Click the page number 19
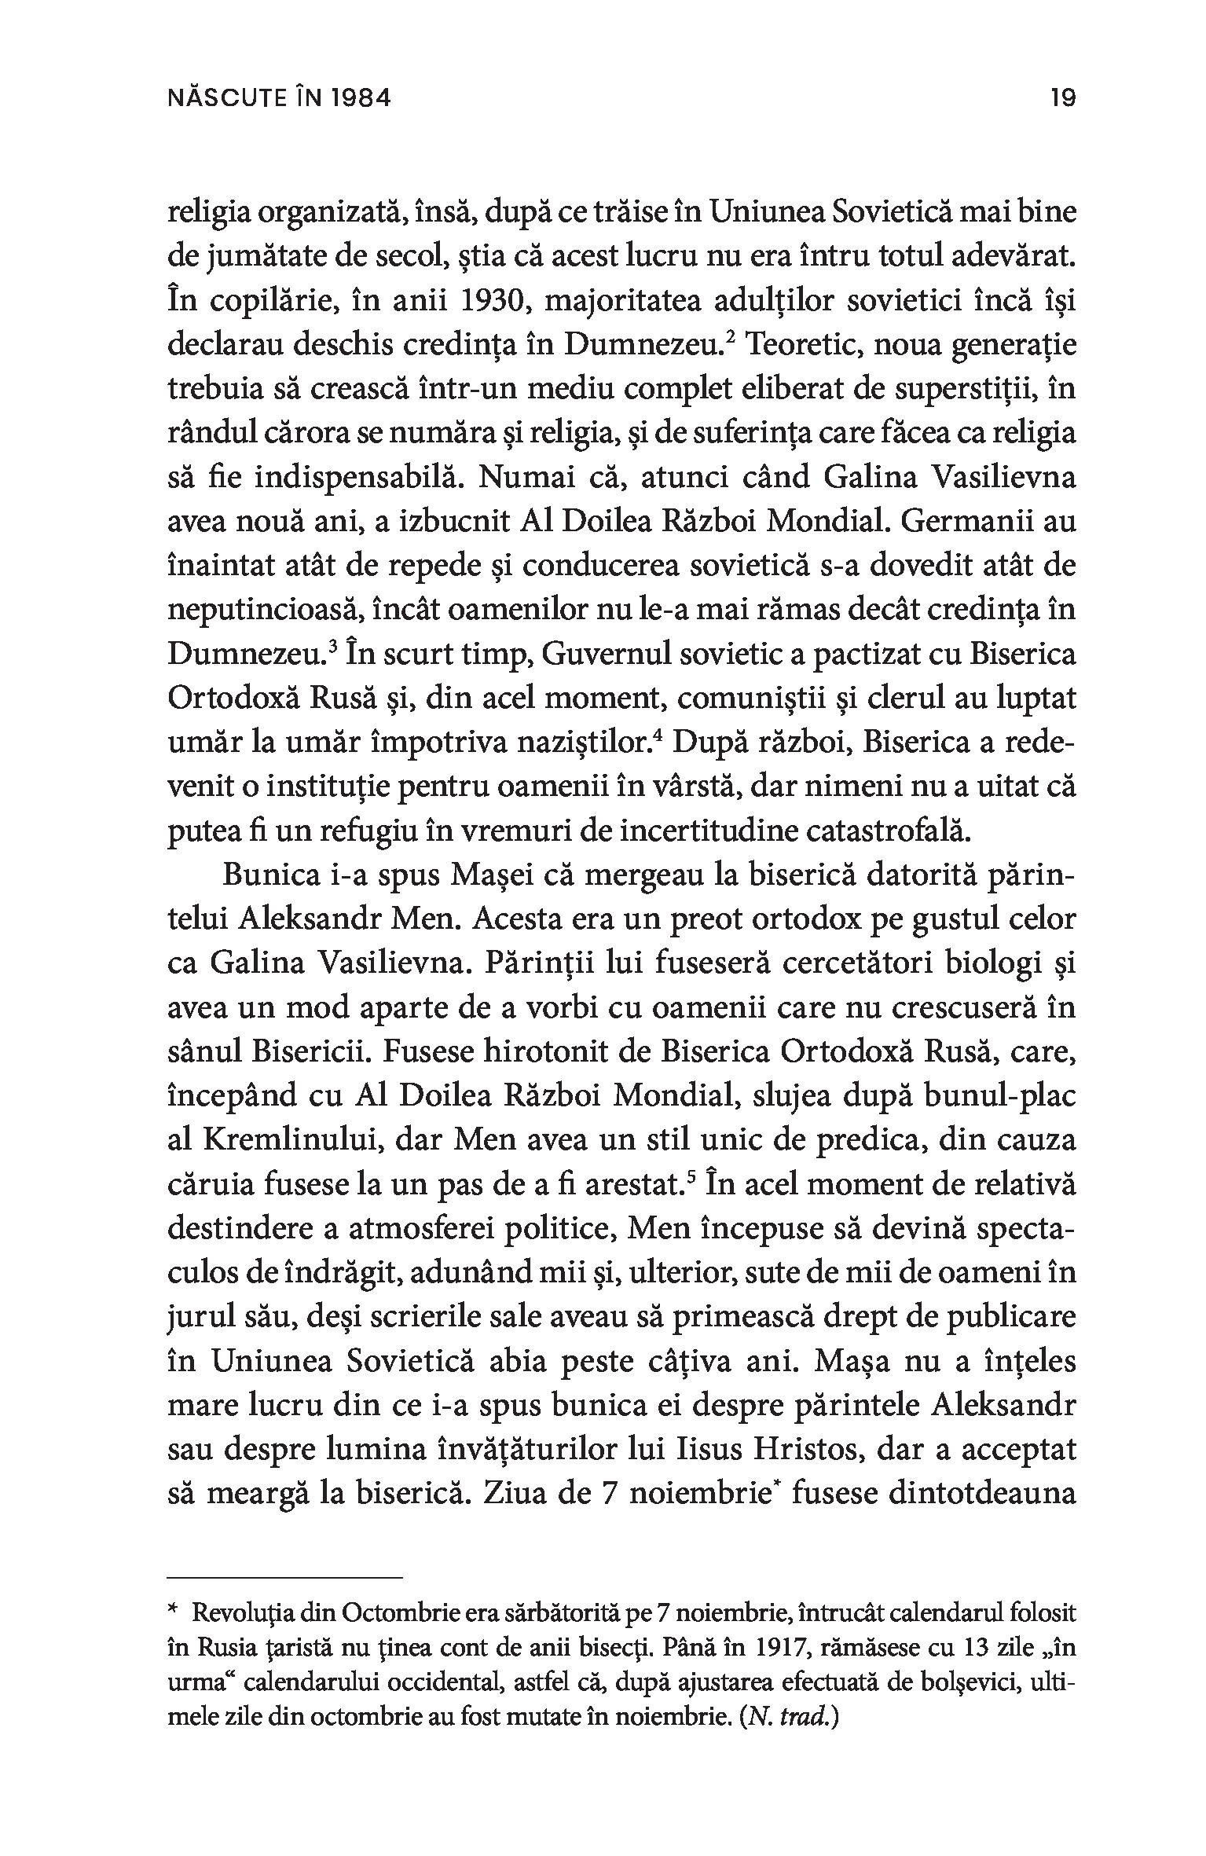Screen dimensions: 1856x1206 pos(1062,99)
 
